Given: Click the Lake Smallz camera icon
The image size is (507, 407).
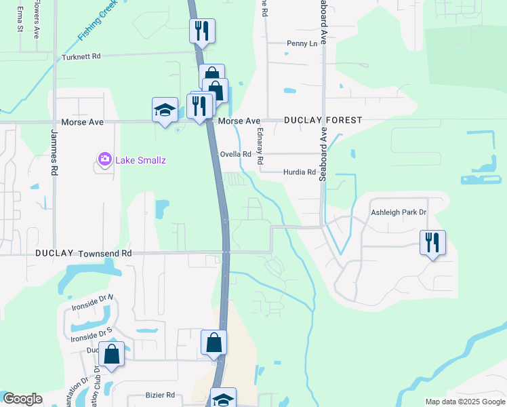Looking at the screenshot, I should pos(105,159).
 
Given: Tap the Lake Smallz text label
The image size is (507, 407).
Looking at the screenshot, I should pos(140,160).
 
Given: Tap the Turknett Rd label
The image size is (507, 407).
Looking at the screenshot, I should pos(81,57).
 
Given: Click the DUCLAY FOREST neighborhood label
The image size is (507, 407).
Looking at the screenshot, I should pos(323,120).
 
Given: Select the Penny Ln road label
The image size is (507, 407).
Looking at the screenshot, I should pos(302,44).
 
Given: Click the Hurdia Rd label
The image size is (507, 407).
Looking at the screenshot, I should pos(300,172).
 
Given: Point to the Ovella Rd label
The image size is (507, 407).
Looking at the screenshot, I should pos(236,154).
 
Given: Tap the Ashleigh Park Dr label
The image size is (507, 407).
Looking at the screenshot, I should pos(399,212).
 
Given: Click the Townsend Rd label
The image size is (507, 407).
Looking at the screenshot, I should pos(105,253).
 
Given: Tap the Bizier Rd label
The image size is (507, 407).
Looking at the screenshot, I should pos(161,395).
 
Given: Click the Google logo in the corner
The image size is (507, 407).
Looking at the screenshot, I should pos(22,399).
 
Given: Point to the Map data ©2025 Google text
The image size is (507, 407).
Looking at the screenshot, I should pos(465,402).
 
